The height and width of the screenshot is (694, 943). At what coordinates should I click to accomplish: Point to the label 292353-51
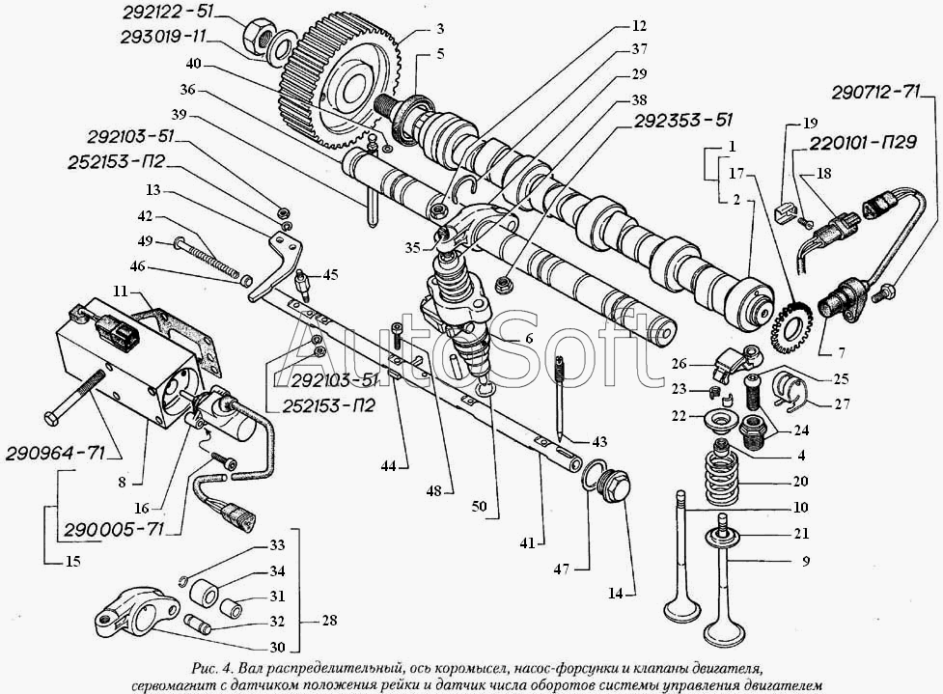(x=682, y=121)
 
